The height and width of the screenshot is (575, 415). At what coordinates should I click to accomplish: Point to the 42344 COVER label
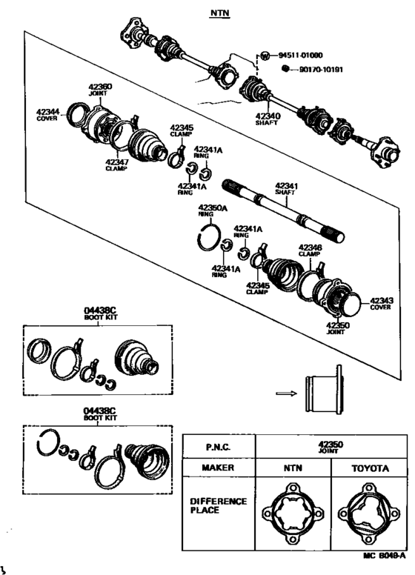point(50,116)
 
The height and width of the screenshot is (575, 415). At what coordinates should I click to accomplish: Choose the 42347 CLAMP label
point(116,164)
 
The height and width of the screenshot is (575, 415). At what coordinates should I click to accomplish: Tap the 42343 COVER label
point(381,303)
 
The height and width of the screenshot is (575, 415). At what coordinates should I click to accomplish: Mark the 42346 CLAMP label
point(310,250)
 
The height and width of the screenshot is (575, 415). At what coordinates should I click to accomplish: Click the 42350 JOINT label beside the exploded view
point(337,328)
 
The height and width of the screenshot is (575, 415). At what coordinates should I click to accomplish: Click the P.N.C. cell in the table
point(218,447)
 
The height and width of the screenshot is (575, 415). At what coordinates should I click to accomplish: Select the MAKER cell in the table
point(218,468)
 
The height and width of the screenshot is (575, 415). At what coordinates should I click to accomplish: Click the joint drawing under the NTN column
point(293,512)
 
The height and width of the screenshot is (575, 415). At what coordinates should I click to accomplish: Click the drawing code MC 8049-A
point(384,554)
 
